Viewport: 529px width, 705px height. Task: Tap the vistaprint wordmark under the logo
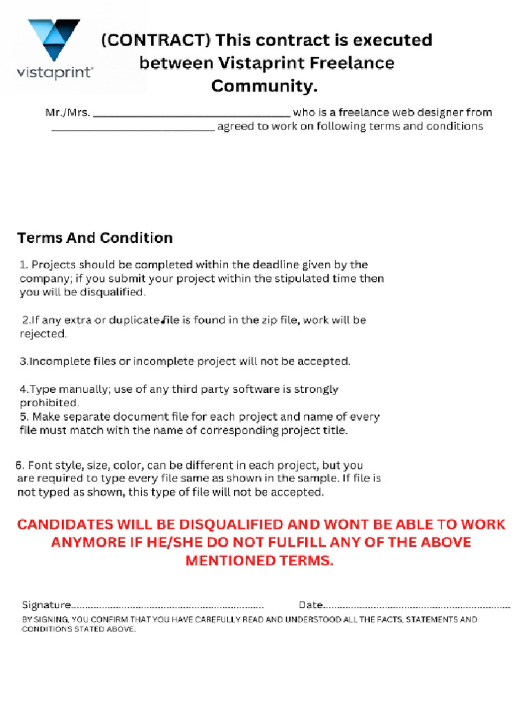coord(55,72)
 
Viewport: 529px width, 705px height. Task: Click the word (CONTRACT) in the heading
coord(155,41)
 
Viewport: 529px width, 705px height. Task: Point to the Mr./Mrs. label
coord(68,112)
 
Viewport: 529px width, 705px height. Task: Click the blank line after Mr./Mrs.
coord(191,113)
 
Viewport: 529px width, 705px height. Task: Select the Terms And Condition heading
coord(94,238)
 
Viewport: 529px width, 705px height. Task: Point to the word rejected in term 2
coord(42,334)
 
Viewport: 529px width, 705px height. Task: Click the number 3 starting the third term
coord(23,361)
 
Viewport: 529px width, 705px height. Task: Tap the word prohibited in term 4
coord(48,403)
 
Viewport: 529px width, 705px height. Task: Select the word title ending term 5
coord(334,431)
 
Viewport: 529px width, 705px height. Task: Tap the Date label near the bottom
coord(311,605)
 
